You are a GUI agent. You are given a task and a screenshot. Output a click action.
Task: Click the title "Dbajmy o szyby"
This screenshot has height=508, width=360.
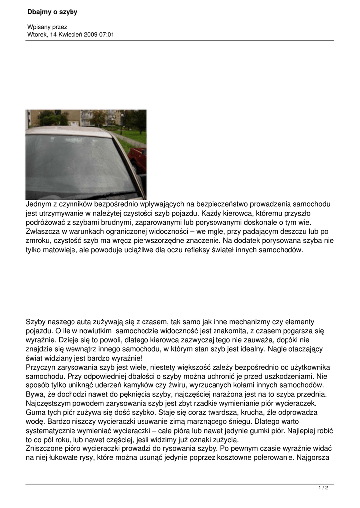pyautogui.click(x=53, y=12)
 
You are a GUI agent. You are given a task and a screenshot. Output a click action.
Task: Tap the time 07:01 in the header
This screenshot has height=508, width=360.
pyautogui.click(x=108, y=35)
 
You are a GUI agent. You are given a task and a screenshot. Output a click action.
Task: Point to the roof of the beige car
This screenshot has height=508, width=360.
pyautogui.click(x=70, y=131)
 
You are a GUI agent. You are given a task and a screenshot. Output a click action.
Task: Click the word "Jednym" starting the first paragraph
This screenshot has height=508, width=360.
pyautogui.click(x=39, y=204)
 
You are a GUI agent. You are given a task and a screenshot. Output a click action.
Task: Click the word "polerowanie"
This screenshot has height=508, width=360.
pyautogui.click(x=270, y=457)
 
